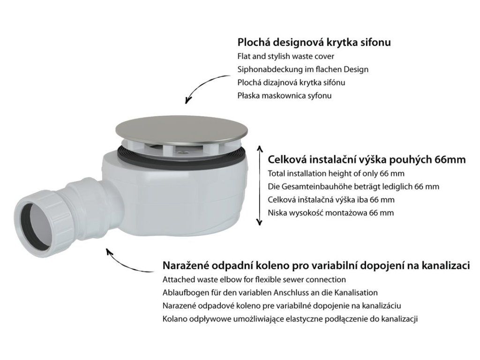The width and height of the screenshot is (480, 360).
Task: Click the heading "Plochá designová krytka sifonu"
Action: tap(314, 42)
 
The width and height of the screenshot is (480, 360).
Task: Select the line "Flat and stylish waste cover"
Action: tap(285, 56)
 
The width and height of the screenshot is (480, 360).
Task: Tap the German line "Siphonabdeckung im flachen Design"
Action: tap(303, 69)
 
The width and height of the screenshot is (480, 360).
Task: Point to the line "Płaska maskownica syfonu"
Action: tap(285, 96)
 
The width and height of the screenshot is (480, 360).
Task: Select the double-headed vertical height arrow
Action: tap(260, 186)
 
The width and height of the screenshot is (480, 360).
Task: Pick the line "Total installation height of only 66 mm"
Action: tap(336, 173)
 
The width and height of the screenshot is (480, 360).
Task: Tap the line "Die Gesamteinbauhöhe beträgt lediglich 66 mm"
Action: tap(353, 187)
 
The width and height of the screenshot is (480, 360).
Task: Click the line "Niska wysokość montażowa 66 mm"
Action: tap(330, 213)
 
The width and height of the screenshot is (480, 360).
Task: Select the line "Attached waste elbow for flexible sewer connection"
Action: tap(254, 279)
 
